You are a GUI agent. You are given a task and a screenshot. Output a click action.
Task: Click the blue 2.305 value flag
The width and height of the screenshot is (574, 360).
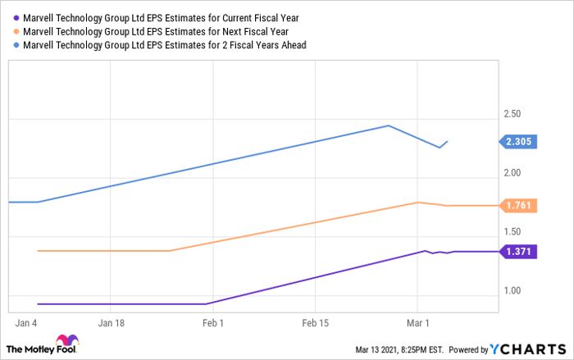[x=517, y=142]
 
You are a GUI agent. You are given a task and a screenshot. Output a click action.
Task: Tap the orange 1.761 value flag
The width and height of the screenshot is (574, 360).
[x=517, y=206]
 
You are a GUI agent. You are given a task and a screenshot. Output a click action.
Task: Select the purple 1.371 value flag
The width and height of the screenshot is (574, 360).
[x=517, y=252]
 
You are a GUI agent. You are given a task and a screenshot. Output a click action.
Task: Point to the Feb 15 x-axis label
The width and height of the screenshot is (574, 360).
[x=316, y=323]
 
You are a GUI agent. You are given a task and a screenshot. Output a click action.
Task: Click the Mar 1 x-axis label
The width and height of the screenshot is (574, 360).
[x=418, y=323]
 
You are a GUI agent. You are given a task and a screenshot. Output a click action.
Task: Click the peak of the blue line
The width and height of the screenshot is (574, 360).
[x=388, y=125]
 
